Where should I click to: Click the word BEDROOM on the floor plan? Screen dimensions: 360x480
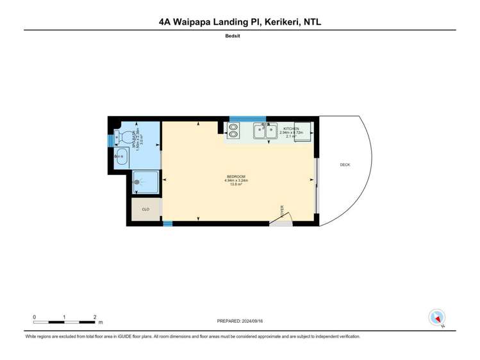(x=236, y=176)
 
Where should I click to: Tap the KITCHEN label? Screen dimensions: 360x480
(x=291, y=129)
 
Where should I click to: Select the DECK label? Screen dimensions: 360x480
(x=345, y=165)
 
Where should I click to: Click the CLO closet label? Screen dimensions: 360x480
(x=145, y=209)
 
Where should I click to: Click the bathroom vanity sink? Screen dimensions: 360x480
(x=120, y=156)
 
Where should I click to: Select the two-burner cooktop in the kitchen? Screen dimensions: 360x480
(x=233, y=130)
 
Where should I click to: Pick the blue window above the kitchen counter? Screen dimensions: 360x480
(x=247, y=119)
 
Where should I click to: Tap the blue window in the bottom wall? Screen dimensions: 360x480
(x=168, y=224)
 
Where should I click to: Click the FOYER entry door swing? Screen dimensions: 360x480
(x=281, y=218)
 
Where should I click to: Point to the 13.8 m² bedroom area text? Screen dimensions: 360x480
(x=236, y=184)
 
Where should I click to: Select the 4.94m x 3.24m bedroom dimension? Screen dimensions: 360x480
(x=236, y=181)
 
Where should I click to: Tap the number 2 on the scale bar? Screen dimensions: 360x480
(x=95, y=317)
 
